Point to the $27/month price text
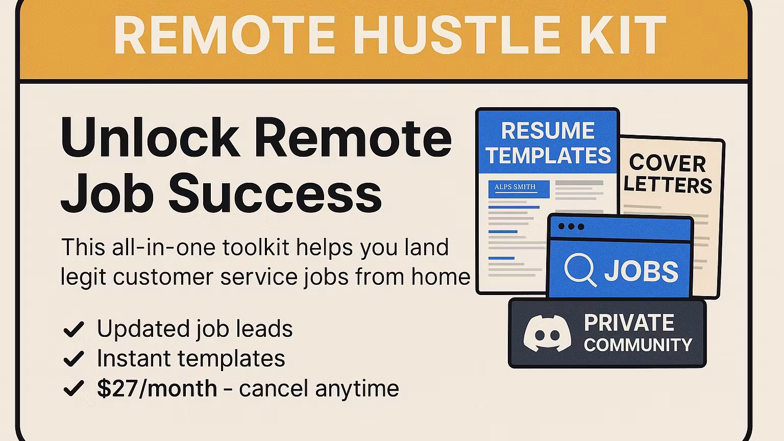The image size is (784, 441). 157,388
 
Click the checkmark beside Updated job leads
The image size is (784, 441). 73,329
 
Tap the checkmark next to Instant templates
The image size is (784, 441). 73,359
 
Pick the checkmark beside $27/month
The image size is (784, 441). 73,389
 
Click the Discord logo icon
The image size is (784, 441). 547,333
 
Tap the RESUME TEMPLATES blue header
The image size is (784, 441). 548,143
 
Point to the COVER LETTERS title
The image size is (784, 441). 668,174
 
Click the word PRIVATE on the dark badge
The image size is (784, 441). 629,323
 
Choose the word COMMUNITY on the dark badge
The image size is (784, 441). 638,345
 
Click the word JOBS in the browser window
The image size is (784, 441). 641,271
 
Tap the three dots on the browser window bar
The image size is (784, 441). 571,227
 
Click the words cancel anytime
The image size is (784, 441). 318,388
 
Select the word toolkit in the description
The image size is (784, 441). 257,248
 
